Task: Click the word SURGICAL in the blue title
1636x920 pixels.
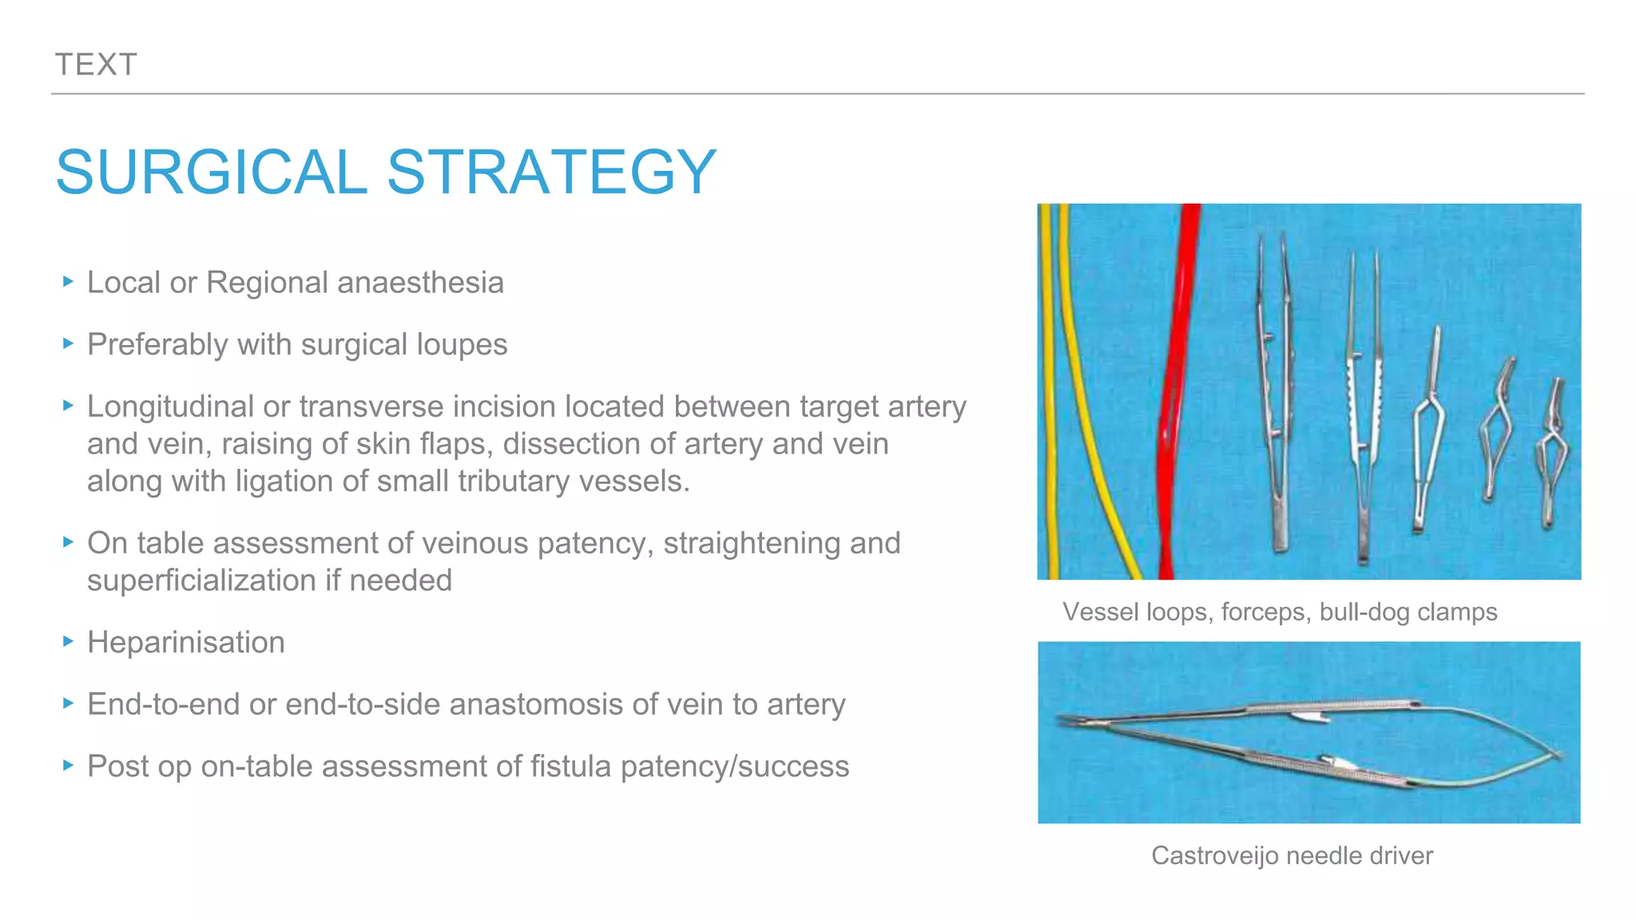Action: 211,172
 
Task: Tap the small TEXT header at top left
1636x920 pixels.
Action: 96,65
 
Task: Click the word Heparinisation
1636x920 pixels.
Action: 185,642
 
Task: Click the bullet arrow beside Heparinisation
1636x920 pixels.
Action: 68,640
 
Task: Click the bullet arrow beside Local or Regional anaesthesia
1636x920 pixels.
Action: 68,281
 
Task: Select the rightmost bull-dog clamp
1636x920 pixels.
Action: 1551,455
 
